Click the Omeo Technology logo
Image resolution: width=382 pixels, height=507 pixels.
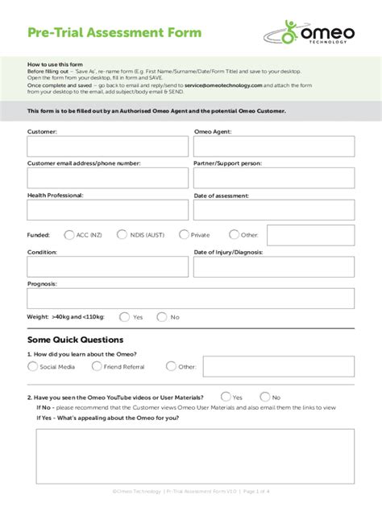(310, 33)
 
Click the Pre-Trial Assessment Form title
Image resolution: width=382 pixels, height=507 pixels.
(114, 33)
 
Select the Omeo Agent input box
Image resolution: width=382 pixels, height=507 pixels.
(273, 146)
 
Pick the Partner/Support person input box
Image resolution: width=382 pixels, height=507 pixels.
(273, 178)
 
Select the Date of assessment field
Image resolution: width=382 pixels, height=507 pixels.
(273, 210)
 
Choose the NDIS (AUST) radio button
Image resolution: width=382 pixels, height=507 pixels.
(122, 235)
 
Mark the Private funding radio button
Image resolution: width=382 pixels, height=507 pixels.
(184, 235)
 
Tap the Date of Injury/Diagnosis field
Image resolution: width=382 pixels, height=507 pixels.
(273, 266)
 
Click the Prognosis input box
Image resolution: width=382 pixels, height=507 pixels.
(190, 299)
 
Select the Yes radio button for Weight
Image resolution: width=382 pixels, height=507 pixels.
(124, 317)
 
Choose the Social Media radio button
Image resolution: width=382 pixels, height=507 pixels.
(33, 366)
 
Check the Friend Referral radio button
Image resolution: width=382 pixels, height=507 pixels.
(97, 366)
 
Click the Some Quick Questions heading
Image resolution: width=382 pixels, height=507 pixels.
(75, 340)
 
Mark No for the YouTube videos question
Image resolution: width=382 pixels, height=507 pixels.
(264, 397)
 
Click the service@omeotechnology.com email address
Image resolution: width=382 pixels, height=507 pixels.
(223, 84)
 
